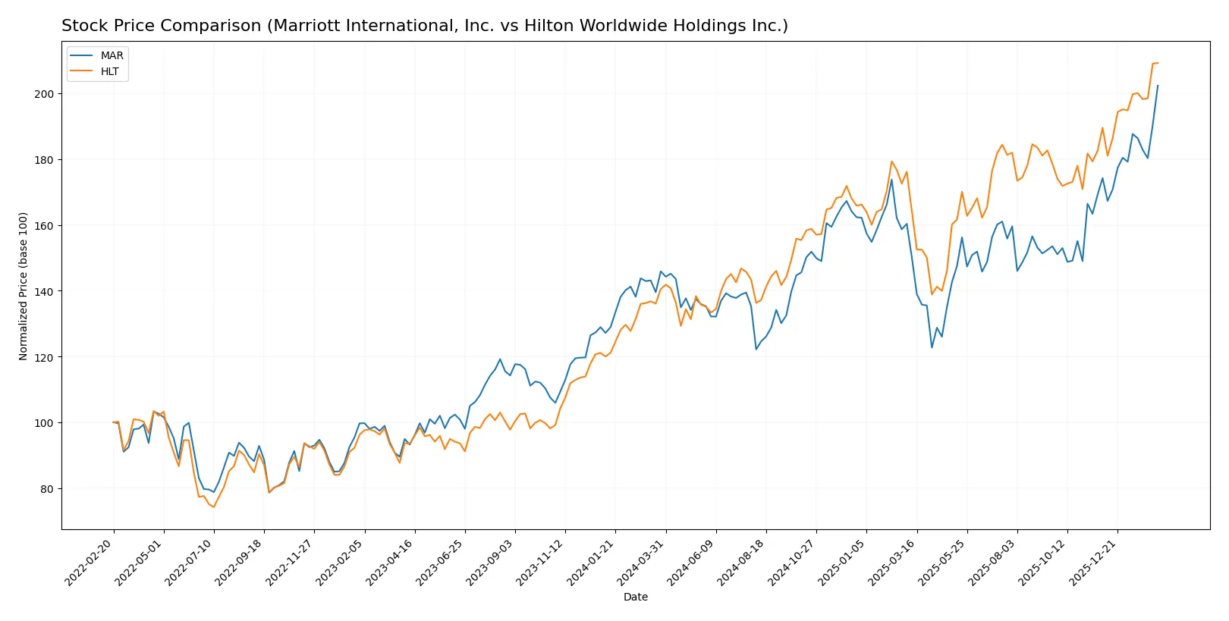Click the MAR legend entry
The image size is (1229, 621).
[111, 55]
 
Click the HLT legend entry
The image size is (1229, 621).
[109, 71]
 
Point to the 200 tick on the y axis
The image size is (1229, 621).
[43, 94]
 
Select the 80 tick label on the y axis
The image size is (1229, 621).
[46, 489]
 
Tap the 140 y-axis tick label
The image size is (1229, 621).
[43, 291]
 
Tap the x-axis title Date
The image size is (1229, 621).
[635, 597]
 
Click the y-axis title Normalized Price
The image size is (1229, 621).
[24, 286]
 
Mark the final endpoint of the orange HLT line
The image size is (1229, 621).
[1158, 63]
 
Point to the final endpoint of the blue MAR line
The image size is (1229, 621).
[1158, 86]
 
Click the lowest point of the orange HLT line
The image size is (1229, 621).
[214, 507]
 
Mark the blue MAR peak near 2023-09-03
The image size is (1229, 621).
[500, 359]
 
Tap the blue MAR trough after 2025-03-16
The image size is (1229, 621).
[932, 347]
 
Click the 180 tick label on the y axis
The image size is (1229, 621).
[43, 160]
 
